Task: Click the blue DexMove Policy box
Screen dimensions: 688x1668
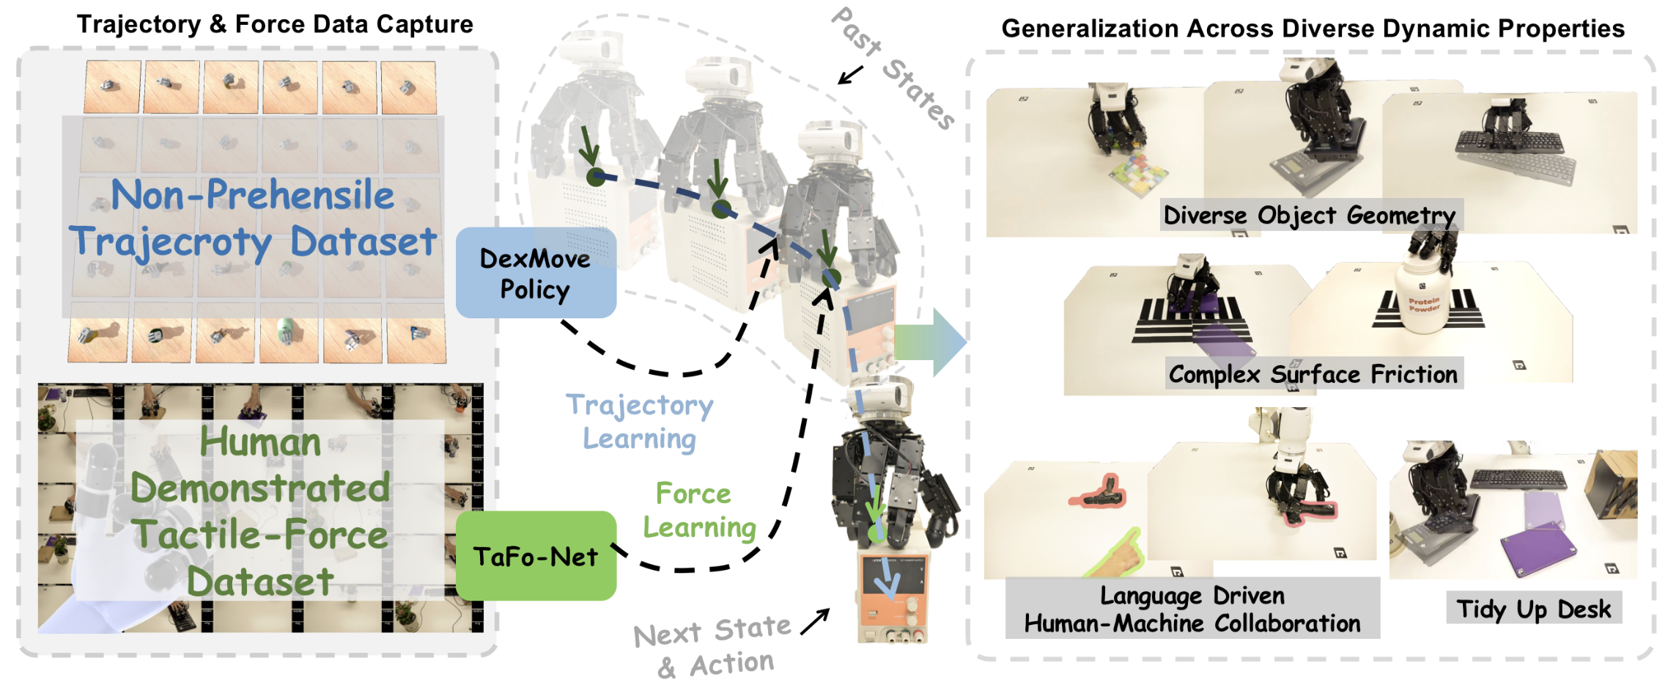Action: click(x=536, y=273)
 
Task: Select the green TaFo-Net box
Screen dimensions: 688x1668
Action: click(x=536, y=556)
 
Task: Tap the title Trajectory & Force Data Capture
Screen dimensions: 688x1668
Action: click(x=275, y=24)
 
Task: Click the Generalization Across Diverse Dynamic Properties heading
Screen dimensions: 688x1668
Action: click(x=1313, y=28)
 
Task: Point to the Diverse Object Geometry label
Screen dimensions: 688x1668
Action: click(x=1310, y=215)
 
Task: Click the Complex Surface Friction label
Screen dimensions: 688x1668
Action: click(x=1313, y=374)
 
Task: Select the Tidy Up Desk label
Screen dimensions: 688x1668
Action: click(x=1533, y=609)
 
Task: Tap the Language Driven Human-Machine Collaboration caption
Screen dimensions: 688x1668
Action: click(x=1192, y=609)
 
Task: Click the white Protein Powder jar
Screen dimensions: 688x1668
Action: click(x=1425, y=301)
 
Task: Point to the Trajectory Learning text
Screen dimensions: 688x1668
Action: click(x=640, y=422)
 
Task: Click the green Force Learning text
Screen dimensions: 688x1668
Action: click(x=698, y=510)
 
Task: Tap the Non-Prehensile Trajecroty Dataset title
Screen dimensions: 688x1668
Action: click(x=253, y=219)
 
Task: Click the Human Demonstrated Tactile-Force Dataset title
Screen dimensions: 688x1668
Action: click(x=260, y=511)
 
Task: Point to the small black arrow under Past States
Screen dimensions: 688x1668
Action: click(x=850, y=75)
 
